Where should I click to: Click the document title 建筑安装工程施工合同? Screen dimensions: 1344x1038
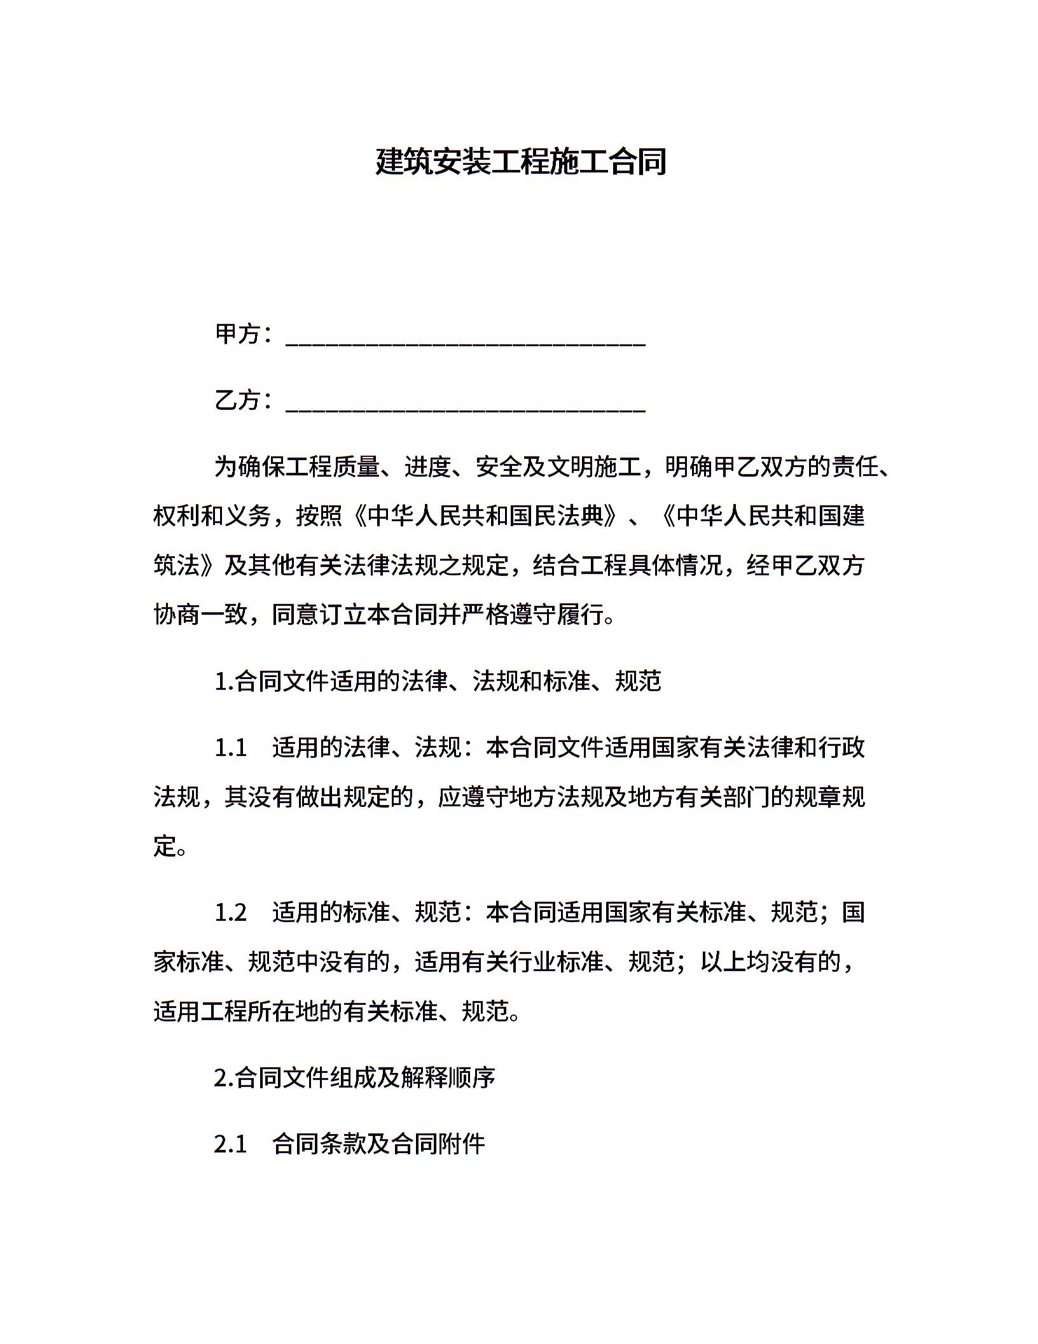pyautogui.click(x=520, y=162)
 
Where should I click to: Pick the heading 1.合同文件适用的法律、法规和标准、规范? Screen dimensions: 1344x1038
pyautogui.click(x=438, y=681)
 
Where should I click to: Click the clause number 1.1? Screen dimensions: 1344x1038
pyautogui.click(x=230, y=747)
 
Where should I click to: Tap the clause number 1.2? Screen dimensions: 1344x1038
pyautogui.click(x=230, y=913)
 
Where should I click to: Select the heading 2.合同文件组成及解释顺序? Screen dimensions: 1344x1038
pyautogui.click(x=354, y=1078)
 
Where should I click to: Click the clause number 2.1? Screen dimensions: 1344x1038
pyautogui.click(x=230, y=1144)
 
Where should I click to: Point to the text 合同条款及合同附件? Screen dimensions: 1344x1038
pyautogui.click(x=378, y=1144)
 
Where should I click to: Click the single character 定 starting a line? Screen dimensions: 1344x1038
pyautogui.click(x=165, y=846)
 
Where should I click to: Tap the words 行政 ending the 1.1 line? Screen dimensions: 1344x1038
pyautogui.click(x=841, y=747)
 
